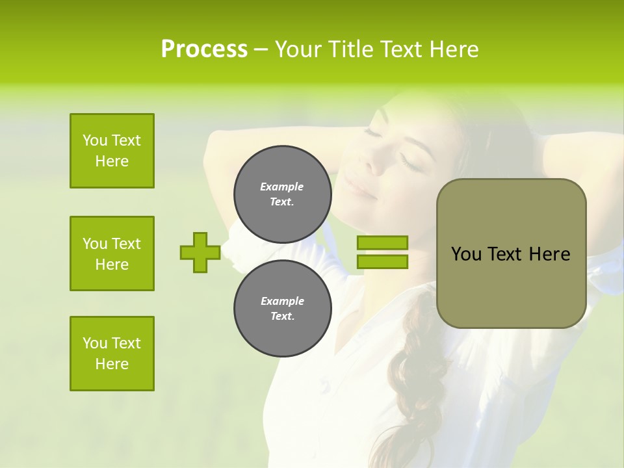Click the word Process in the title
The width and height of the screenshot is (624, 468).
coord(204,49)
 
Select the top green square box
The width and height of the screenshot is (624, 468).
coord(112,151)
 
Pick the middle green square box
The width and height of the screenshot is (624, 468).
coord(112,253)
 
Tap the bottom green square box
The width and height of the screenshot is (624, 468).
coord(112,354)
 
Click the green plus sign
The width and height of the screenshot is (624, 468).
coord(200,253)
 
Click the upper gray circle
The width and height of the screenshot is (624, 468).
coord(282,194)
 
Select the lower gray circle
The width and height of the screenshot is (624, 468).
coord(282,309)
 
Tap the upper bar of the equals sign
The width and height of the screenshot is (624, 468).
coord(382,243)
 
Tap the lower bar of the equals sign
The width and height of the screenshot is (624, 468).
coord(382,262)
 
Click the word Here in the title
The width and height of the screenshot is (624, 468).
coord(450,49)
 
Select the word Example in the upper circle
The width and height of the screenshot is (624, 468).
coord(282,187)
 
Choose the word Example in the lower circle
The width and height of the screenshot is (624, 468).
coord(282,301)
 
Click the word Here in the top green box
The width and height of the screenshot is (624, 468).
coord(112,161)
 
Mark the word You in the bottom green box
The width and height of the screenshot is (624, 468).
coord(95,343)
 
